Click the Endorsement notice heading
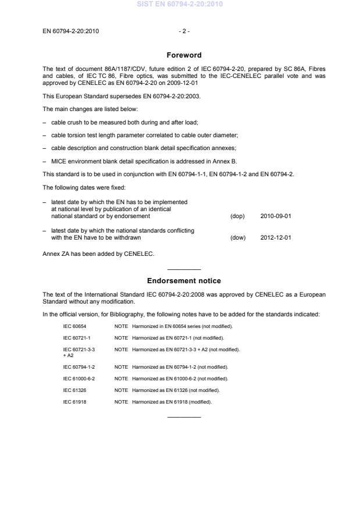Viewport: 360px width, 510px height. click(184, 281)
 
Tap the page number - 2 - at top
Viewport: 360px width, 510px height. click(184, 31)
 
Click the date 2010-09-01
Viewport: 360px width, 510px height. click(276, 216)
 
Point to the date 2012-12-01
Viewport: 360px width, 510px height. click(276, 237)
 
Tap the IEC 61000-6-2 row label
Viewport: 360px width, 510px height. click(79, 378)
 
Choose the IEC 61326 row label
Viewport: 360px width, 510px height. click(74, 390)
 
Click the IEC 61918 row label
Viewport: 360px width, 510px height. click(74, 402)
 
